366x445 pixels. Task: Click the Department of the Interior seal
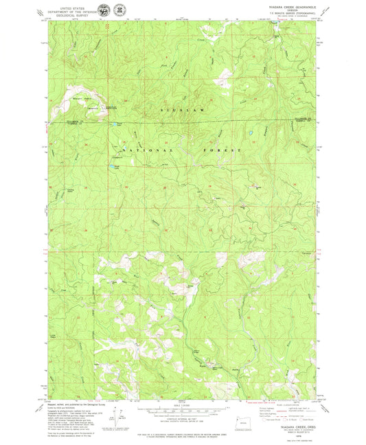pyautogui.click(x=103, y=10)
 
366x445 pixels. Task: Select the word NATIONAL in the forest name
pyautogui.click(x=138, y=149)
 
